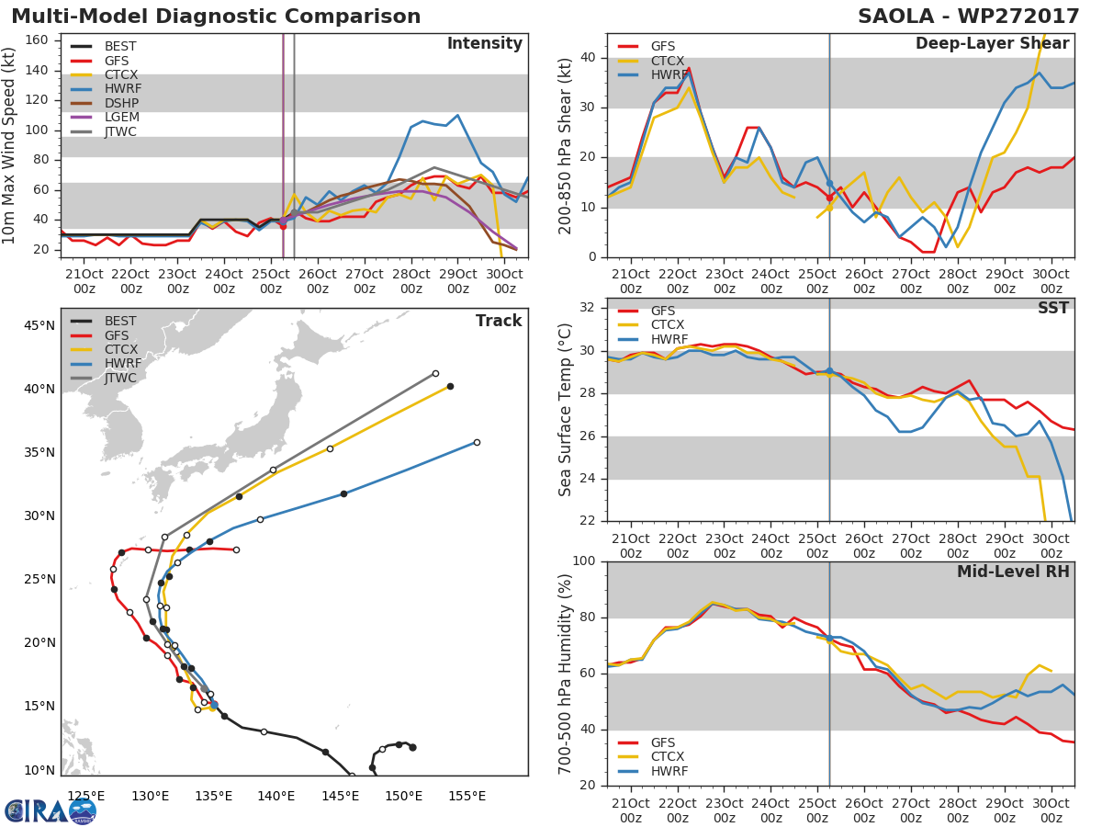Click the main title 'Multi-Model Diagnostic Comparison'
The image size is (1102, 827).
pyautogui.click(x=216, y=17)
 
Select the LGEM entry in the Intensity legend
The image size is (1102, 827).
pyautogui.click(x=120, y=118)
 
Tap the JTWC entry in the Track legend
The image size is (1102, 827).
pyautogui.click(x=120, y=378)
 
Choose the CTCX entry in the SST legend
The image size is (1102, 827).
pyautogui.click(x=666, y=325)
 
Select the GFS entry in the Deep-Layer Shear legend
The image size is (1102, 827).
pyautogui.click(x=663, y=47)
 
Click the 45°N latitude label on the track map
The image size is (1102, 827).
pyautogui.click(x=39, y=325)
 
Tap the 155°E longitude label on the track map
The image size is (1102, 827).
pyautogui.click(x=467, y=795)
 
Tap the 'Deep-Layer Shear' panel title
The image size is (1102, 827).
pyautogui.click(x=992, y=44)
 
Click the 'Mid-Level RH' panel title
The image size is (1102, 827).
pyautogui.click(x=1013, y=572)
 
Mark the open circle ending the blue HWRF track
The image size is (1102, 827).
pyautogui.click(x=477, y=442)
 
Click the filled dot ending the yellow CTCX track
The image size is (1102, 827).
pyautogui.click(x=450, y=386)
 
